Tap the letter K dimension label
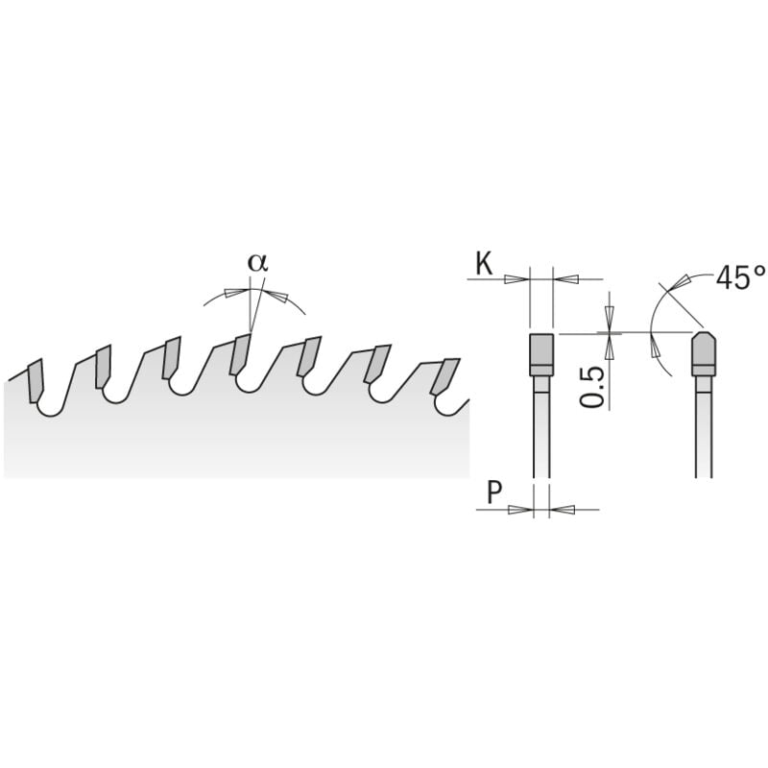click(484, 262)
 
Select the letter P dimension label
click(494, 493)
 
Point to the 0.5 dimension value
click(593, 386)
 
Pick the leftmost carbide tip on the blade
click(36, 380)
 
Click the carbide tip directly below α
click(239, 356)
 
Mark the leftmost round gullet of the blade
click(46, 407)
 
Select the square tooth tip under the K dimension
click(541, 353)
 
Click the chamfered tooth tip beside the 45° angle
click(706, 353)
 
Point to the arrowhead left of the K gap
click(517, 279)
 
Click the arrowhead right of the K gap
click(565, 279)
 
